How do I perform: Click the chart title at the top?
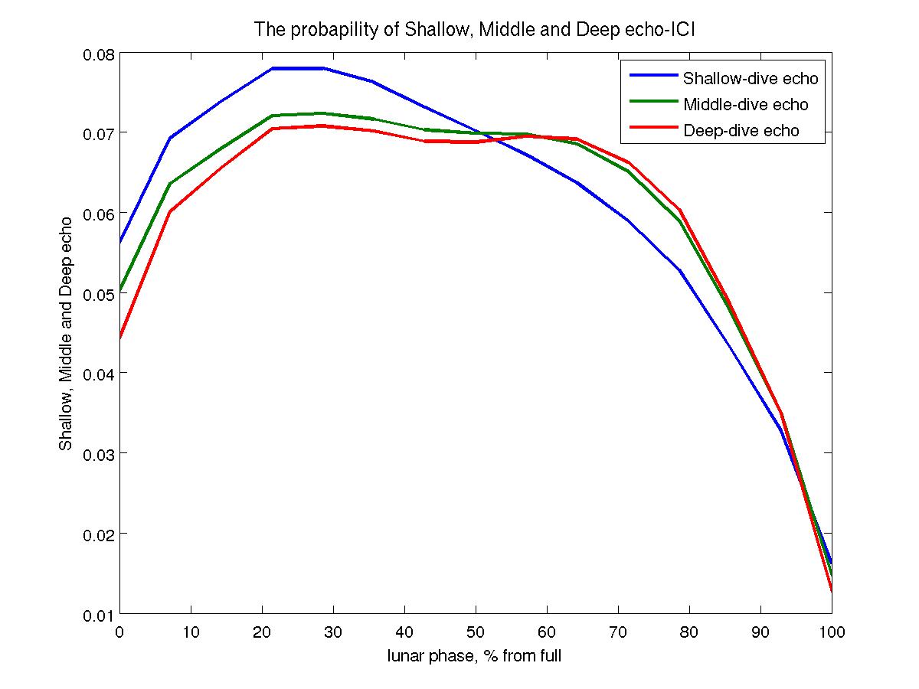474,31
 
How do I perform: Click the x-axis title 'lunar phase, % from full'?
474,655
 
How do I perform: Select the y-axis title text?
67,333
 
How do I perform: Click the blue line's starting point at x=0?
120,242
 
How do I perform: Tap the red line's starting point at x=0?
120,338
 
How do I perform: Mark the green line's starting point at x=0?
120,291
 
